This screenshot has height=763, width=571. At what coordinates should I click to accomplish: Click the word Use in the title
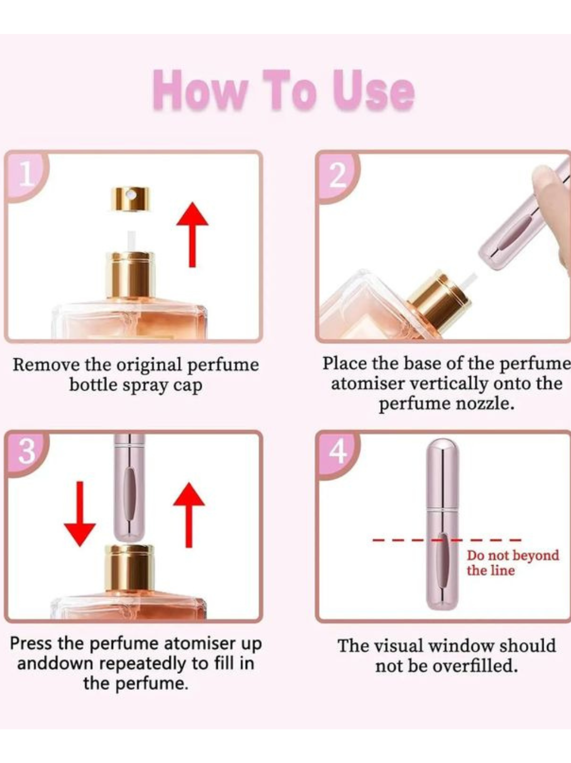coord(373,91)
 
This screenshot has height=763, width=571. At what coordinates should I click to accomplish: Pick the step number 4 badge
coord(338,453)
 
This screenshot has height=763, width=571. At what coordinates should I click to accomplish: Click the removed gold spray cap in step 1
coord(131,199)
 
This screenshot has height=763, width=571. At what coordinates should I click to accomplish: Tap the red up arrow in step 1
coord(192,235)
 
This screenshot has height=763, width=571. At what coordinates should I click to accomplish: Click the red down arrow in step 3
coord(80,514)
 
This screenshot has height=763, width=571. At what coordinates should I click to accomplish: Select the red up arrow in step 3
coord(189,515)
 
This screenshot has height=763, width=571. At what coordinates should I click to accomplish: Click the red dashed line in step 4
coord(447,540)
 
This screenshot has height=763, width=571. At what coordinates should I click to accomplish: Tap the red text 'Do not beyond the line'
coord(513,563)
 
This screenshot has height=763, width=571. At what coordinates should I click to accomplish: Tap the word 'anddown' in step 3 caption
coord(57,664)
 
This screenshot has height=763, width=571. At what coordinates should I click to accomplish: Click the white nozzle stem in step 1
coord(131,241)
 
